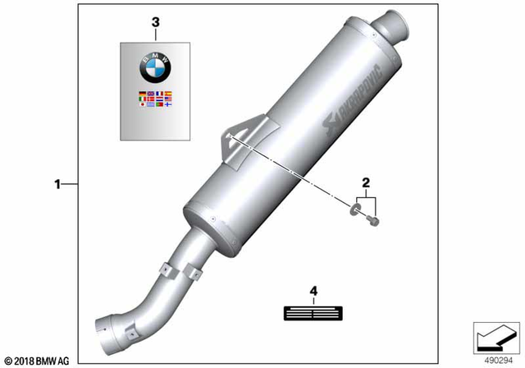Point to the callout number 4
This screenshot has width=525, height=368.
click(313, 291)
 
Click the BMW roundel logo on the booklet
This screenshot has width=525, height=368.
click(157, 64)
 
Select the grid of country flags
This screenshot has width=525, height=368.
click(155, 100)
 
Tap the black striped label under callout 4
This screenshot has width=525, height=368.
click(313, 313)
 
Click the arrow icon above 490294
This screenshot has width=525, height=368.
click(495, 336)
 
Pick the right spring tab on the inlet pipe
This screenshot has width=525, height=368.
click(198, 270)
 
